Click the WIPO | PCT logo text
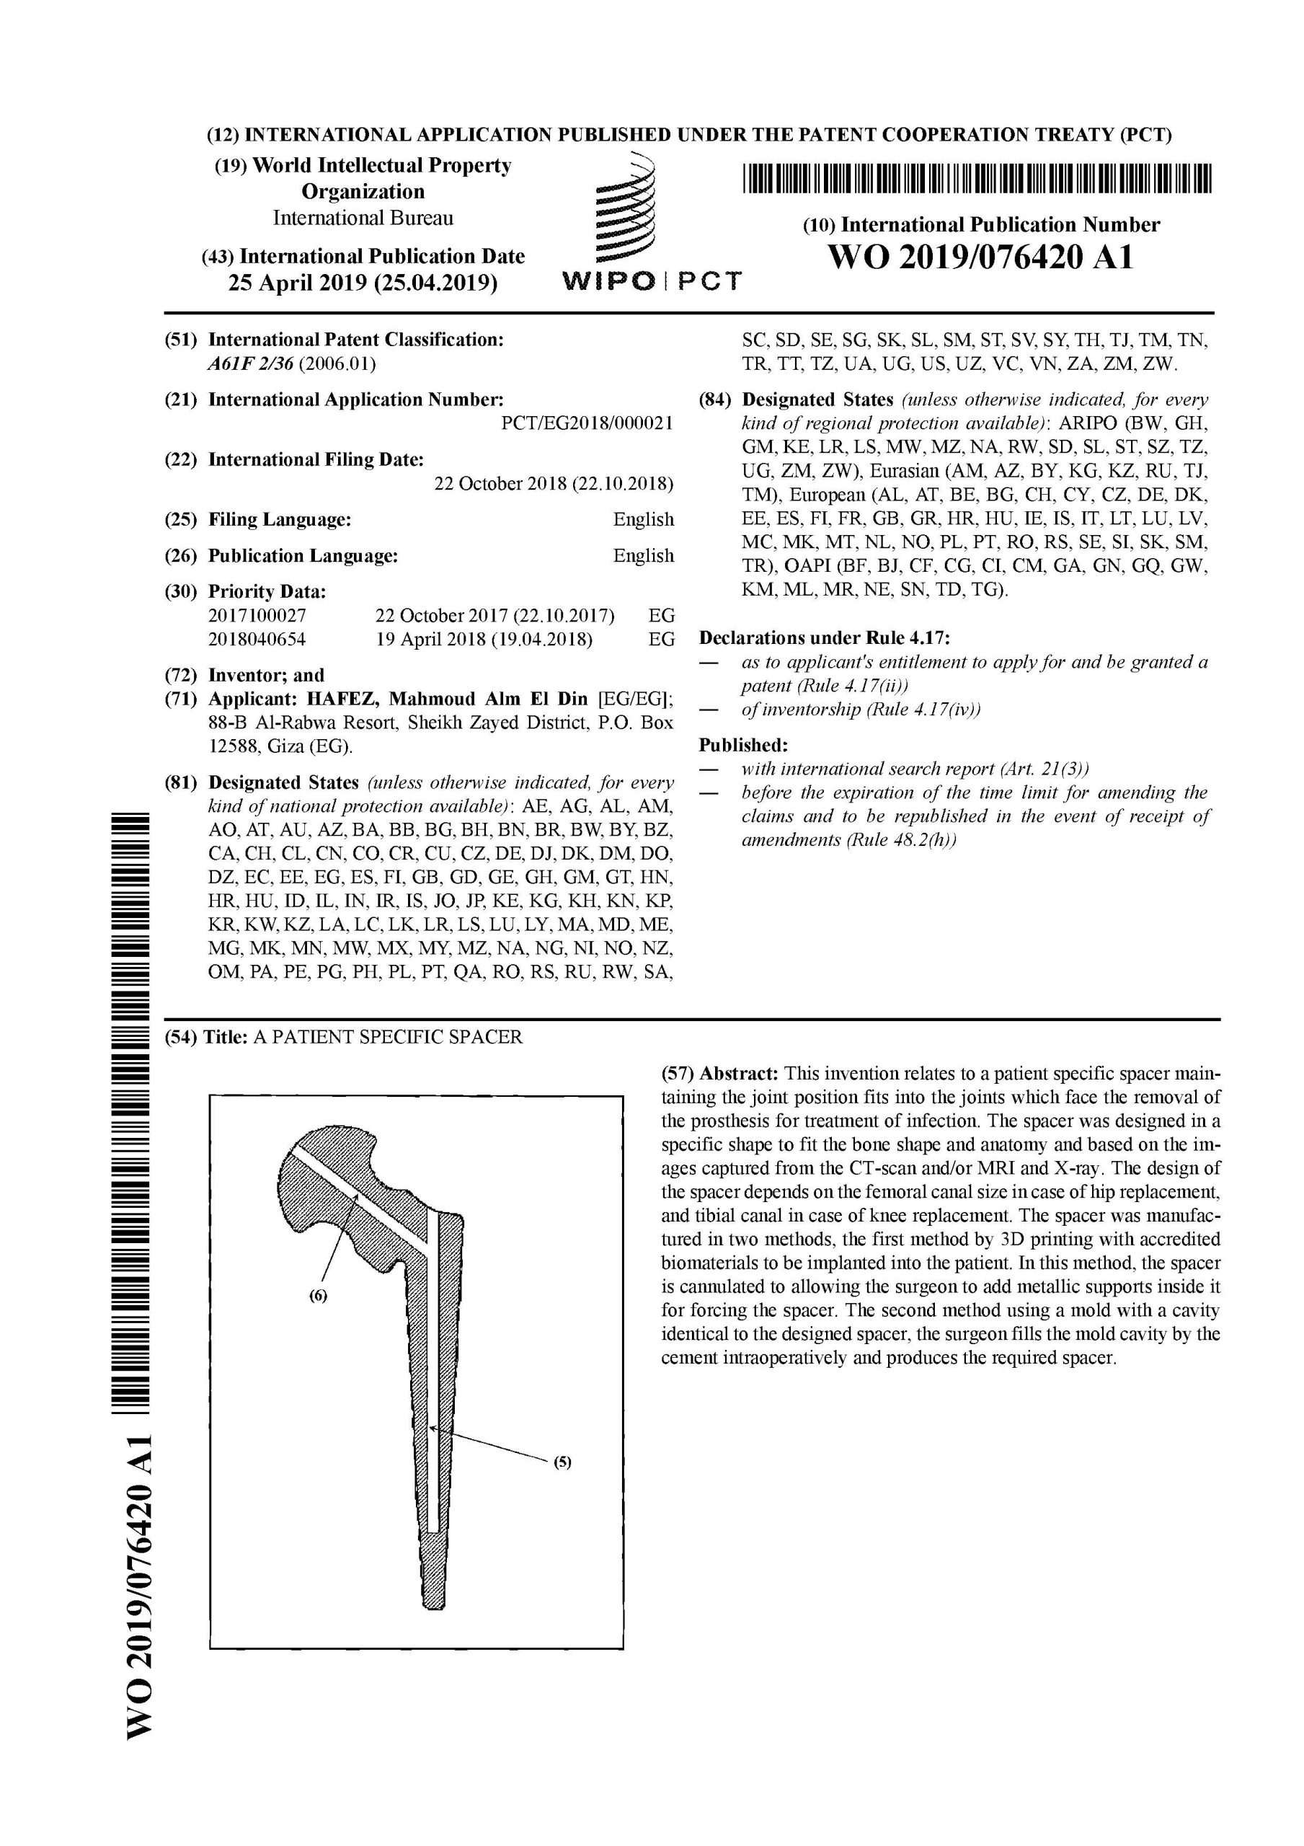tap(651, 281)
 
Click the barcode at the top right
tap(976, 180)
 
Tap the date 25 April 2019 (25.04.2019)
tap(363, 283)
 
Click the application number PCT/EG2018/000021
tap(587, 424)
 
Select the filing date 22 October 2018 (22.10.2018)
tap(553, 484)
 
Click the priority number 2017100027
tap(257, 616)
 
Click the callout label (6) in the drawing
tap(319, 1296)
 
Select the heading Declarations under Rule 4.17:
tap(825, 638)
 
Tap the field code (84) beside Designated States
tap(714, 400)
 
